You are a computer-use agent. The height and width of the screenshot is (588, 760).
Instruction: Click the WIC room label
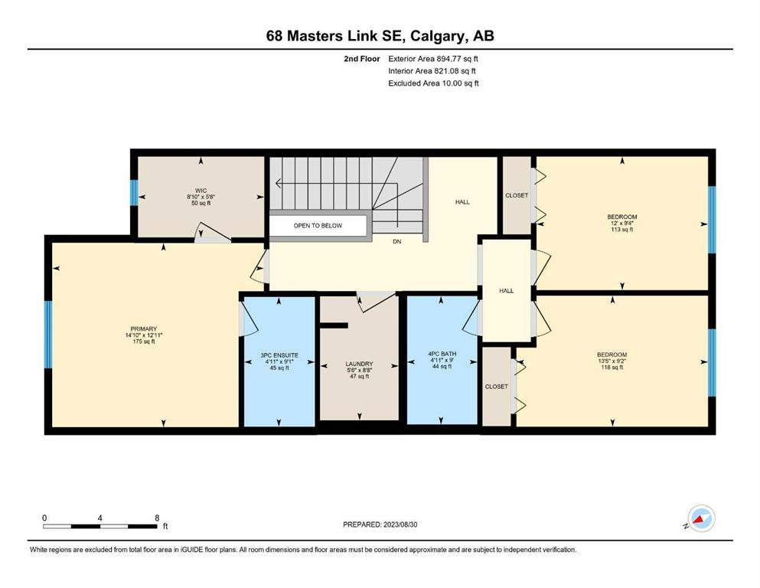201,191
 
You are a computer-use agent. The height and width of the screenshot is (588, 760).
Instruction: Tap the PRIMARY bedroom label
143,328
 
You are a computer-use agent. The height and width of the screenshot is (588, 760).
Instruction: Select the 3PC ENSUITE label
279,355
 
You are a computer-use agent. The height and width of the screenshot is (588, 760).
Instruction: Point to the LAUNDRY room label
359,364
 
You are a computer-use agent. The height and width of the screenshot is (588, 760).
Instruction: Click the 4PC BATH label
442,354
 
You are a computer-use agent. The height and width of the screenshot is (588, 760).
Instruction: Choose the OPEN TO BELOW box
318,225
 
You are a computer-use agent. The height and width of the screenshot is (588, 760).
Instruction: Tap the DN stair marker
397,241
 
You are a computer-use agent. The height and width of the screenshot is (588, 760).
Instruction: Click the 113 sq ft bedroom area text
622,230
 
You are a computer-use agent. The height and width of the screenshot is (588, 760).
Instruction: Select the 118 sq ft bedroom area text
612,367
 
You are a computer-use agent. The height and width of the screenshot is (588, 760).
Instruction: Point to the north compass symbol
701,518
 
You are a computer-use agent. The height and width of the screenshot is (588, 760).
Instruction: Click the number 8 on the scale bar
157,518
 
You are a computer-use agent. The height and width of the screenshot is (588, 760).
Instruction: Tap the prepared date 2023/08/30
400,524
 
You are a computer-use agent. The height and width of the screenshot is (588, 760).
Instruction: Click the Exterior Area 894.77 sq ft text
433,59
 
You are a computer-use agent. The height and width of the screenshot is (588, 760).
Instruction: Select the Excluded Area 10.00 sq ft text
433,83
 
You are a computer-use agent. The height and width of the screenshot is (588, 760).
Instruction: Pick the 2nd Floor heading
362,59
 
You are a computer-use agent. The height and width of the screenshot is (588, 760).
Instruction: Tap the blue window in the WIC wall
134,192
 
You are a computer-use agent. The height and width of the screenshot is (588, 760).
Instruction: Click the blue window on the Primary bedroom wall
48,335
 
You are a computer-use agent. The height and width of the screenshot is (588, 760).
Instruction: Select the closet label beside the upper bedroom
517,195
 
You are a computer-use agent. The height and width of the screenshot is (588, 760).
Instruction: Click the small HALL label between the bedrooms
507,291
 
